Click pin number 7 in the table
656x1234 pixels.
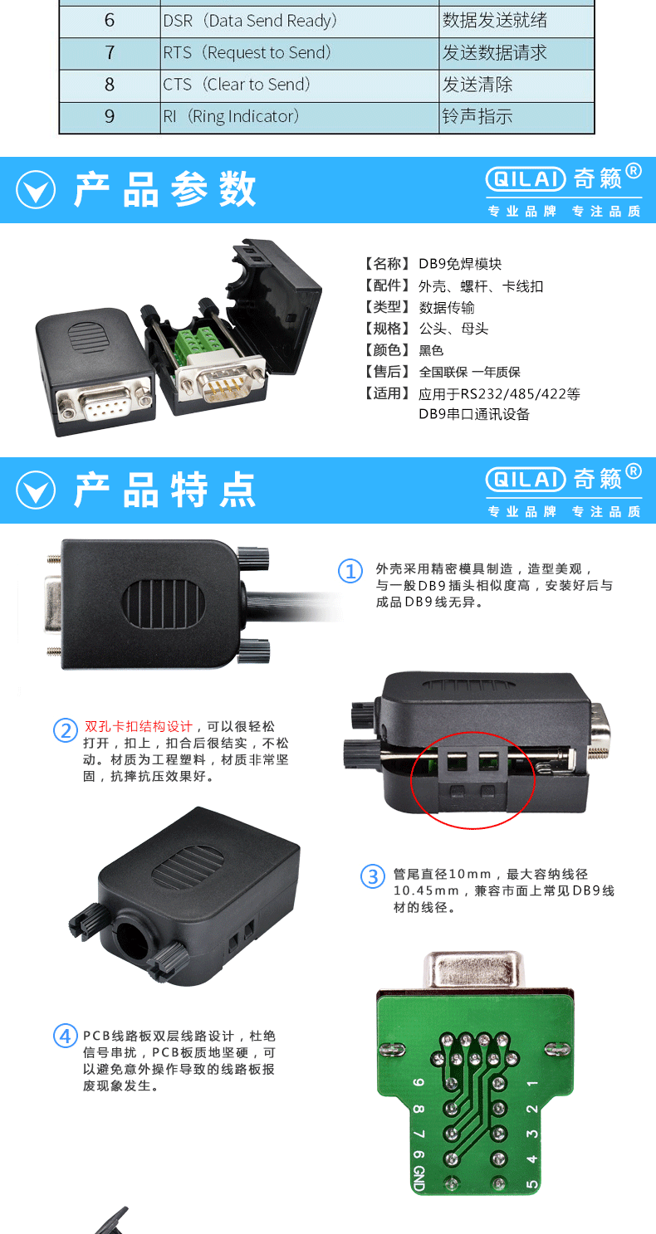coord(110,53)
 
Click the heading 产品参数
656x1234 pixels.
coord(164,189)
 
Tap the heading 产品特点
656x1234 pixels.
coord(164,490)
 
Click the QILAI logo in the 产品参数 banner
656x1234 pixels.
coord(526,178)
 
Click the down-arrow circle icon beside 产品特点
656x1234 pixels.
coord(36,490)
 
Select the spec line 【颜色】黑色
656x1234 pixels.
coord(404,350)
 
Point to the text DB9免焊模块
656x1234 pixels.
coord(460,264)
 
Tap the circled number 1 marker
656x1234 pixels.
coord(350,571)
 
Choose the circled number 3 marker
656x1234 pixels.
coord(373,876)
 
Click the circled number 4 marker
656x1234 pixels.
coord(65,1036)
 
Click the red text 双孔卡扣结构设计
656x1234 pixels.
coord(139,727)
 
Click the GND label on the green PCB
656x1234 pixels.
coord(419,1178)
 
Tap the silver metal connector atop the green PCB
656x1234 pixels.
coord(473,972)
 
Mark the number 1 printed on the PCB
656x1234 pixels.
coord(532,1082)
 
